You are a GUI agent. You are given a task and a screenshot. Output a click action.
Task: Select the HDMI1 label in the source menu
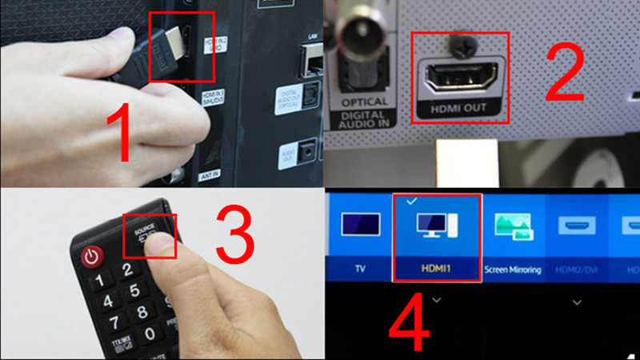tap(436, 270)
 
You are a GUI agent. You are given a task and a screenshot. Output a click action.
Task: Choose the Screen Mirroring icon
tap(513, 226)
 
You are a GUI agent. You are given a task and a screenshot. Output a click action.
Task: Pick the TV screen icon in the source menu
tap(359, 225)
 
